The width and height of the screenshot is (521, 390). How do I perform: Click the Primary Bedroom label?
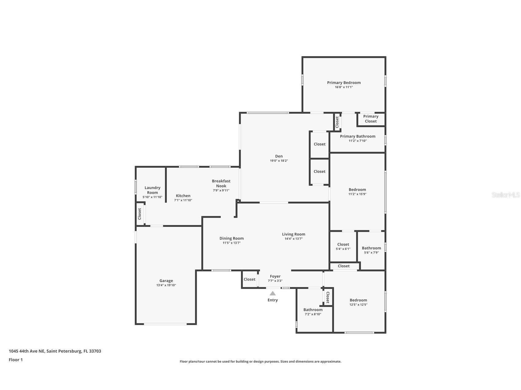click(344, 82)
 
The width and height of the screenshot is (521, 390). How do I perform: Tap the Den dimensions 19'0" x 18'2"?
click(279, 161)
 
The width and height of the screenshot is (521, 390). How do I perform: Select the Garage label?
click(166, 281)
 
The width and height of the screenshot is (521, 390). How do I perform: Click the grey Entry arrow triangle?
click(273, 293)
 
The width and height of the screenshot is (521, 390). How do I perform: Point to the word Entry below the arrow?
click(273, 300)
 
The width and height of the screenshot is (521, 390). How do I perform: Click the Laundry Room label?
click(152, 190)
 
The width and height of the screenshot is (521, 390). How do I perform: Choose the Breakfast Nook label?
click(221, 183)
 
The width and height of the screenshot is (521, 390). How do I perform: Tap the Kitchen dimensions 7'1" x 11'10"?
click(183, 200)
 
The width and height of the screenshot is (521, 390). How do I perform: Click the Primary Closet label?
click(371, 119)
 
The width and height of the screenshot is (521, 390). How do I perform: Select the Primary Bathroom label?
click(357, 136)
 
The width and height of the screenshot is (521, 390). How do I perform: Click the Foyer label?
click(275, 276)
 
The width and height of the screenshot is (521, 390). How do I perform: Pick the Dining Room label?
click(231, 238)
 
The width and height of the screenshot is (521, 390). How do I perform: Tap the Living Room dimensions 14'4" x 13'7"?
click(294, 239)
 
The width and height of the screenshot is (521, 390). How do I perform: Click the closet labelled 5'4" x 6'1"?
click(343, 247)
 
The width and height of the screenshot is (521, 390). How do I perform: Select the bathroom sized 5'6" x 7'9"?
click(371, 250)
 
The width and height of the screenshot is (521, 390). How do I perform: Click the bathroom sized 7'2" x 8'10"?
click(313, 312)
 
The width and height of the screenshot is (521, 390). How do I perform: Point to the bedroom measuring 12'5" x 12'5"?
click(358, 302)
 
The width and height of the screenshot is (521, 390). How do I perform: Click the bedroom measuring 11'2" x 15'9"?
click(357, 192)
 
